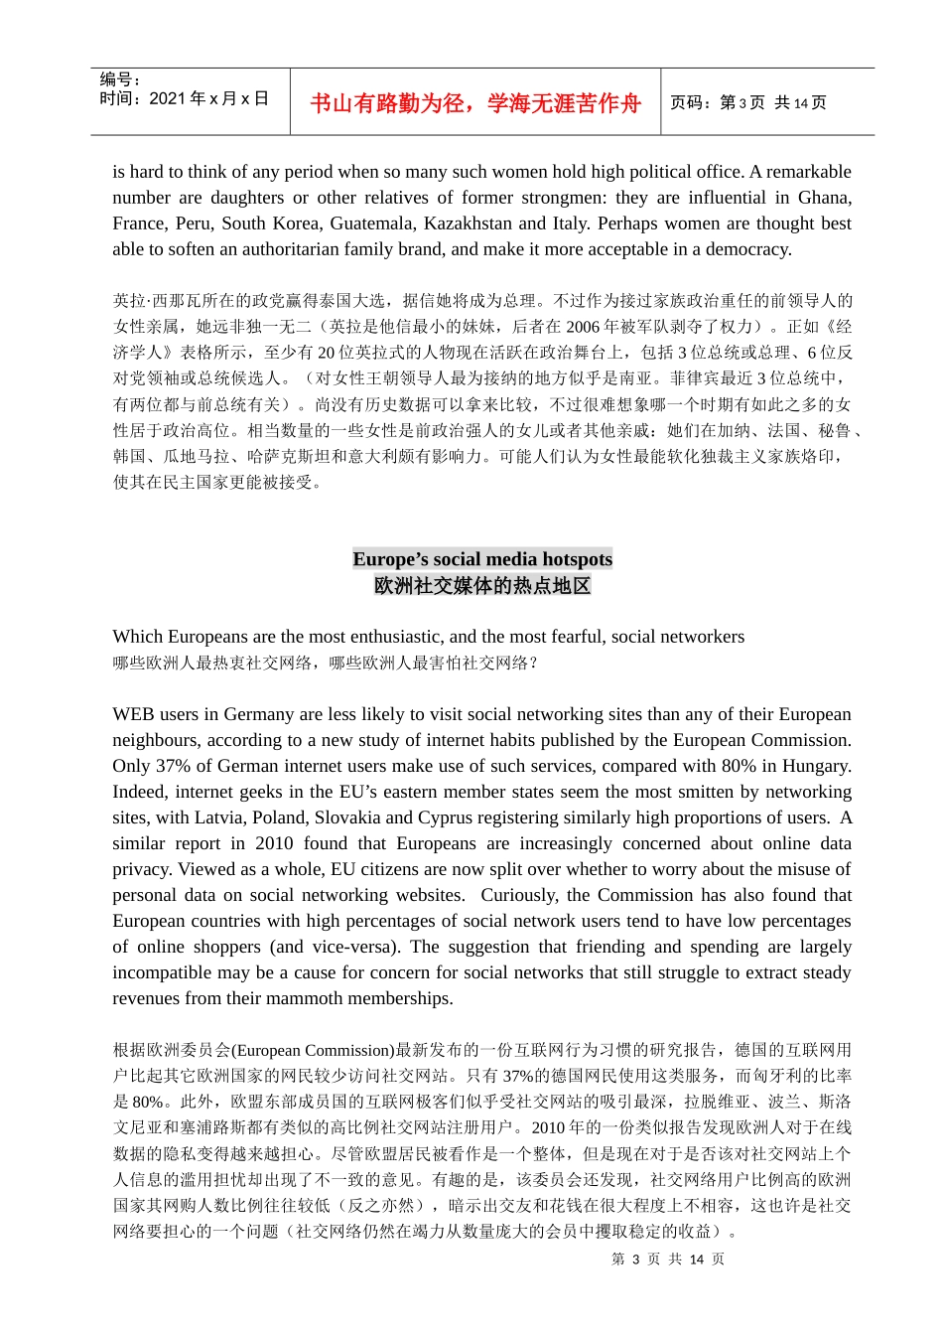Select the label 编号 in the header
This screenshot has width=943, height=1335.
(x=119, y=79)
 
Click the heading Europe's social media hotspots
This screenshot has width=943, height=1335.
(x=482, y=559)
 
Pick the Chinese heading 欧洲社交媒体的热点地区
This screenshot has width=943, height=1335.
(x=482, y=586)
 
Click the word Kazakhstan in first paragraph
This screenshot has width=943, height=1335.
(x=468, y=223)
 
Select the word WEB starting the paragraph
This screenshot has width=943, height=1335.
(x=133, y=714)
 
